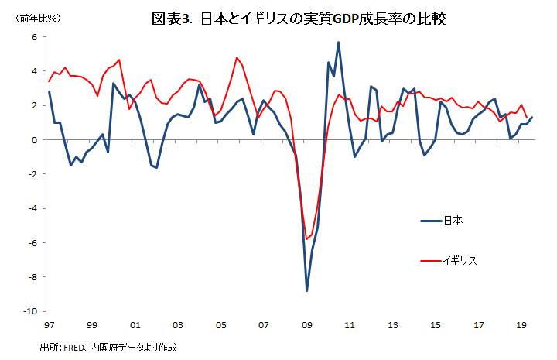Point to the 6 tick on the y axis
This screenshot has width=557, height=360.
(34, 37)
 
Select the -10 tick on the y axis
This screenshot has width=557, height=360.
(31, 311)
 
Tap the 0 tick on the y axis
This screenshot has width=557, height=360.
(34, 140)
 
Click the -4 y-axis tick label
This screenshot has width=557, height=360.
(32, 208)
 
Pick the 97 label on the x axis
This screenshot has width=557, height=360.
(49, 325)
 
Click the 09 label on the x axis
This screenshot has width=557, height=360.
(306, 325)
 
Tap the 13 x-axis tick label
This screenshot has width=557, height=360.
(392, 325)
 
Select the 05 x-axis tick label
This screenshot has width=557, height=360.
(220, 325)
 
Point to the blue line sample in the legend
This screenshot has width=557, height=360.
(430, 221)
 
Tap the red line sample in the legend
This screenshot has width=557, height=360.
(430, 260)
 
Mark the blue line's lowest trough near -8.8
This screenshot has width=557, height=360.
(307, 290)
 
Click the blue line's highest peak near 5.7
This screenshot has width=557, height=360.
(339, 43)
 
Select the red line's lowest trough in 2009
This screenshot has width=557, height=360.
(307, 238)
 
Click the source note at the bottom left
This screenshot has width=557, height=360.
(108, 348)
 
